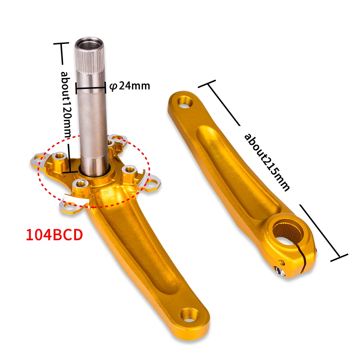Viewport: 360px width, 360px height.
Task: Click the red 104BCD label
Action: tap(54, 235)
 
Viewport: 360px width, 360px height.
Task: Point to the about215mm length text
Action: tap(266, 162)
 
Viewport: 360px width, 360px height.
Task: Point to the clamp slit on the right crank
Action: tap(305, 259)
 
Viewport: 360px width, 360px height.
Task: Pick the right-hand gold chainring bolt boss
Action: tap(129, 170)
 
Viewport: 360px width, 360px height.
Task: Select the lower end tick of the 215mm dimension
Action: tap(339, 257)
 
